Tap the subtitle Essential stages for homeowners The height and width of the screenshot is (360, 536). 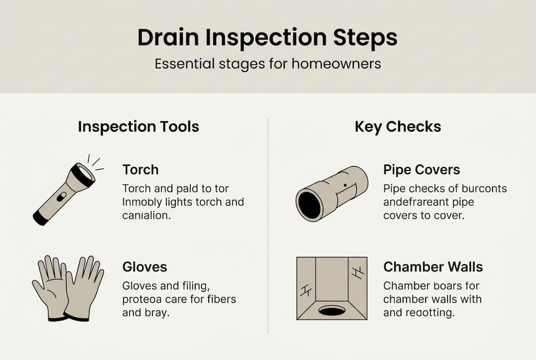(268, 64)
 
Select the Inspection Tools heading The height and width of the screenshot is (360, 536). (138, 127)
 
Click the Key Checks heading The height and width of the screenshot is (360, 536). (398, 127)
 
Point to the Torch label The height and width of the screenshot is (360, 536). (140, 169)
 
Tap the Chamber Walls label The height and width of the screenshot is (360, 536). (433, 266)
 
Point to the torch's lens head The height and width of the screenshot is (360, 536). (83, 174)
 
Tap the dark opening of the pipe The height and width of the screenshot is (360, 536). (310, 205)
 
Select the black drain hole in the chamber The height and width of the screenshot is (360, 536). (332, 311)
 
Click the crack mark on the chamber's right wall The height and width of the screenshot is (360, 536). (357, 272)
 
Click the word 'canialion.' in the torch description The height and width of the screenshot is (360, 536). (146, 215)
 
